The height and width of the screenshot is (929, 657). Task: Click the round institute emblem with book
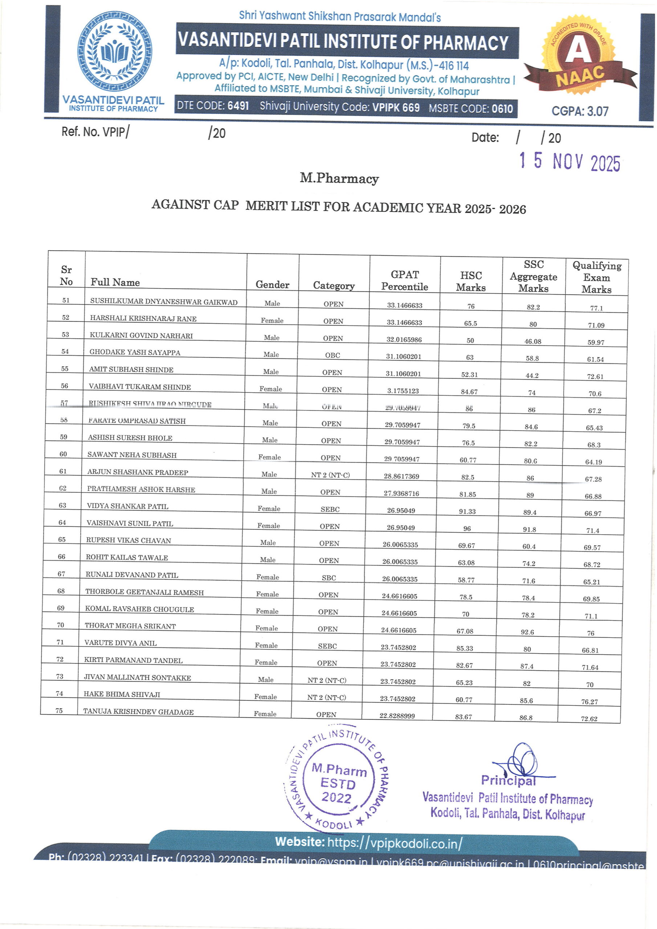115,51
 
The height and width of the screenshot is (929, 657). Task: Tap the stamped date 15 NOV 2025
570,162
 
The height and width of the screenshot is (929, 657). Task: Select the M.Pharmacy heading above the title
339,179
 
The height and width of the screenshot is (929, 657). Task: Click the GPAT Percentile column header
404,281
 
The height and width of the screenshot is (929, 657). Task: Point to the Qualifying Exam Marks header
596,277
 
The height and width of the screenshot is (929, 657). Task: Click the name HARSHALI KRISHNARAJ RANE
143,318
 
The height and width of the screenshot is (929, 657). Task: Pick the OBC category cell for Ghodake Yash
332,355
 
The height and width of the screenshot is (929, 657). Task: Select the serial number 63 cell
62,506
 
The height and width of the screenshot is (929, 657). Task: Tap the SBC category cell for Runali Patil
329,578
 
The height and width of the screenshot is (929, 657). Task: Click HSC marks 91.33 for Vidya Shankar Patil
467,511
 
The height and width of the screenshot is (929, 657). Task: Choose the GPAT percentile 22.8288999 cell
397,715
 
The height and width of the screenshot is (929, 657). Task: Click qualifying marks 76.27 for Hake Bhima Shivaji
589,701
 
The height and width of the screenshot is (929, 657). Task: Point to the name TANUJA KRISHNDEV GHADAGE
138,712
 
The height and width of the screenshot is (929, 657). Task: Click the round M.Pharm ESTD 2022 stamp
337,784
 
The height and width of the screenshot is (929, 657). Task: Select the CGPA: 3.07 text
580,111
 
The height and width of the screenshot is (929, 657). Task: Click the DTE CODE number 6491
238,106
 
